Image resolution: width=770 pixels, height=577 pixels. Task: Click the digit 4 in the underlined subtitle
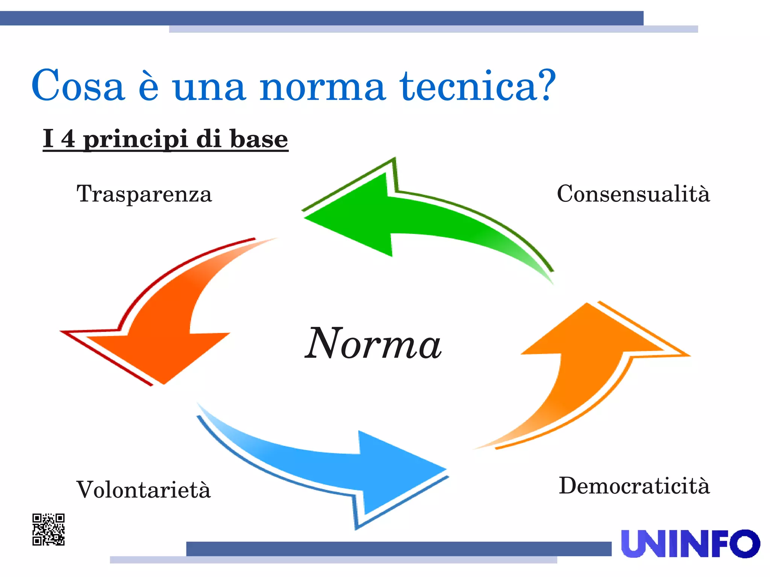coord(68,139)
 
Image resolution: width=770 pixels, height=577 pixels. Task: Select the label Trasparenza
coord(144,194)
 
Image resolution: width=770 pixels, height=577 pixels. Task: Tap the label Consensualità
coord(633,194)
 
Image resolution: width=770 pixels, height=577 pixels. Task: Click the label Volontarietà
coord(143,490)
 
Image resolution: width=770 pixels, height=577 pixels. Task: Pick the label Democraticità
coord(634,486)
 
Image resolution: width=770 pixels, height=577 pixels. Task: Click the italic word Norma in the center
coord(373,344)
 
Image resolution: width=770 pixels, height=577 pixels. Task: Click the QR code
coord(49,529)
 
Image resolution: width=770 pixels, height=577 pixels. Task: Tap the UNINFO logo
coord(690,544)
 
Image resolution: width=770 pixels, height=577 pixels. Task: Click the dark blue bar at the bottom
coord(399,548)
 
